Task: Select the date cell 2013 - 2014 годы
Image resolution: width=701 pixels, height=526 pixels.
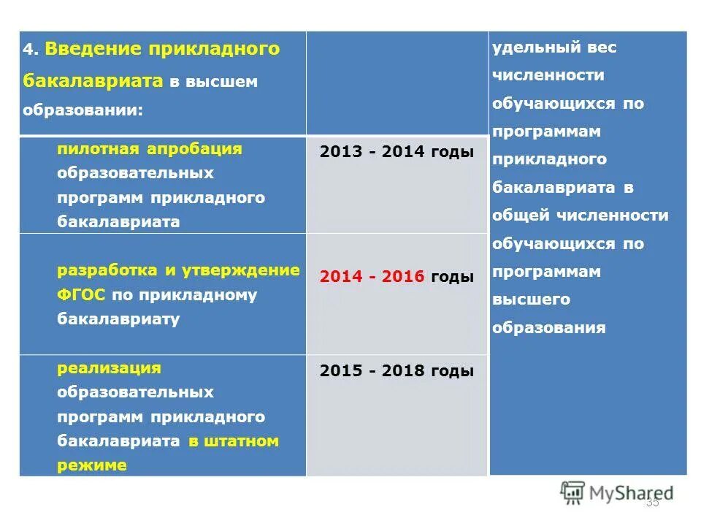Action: (x=397, y=152)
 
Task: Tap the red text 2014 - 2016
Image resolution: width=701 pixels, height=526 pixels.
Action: (x=372, y=278)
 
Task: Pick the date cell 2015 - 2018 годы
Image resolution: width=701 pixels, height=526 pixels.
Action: (x=397, y=371)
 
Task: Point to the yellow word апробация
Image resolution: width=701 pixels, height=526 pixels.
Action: (x=194, y=149)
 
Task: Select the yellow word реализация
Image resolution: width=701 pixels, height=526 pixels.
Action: (x=109, y=367)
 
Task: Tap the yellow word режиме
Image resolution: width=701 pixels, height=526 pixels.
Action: (x=92, y=465)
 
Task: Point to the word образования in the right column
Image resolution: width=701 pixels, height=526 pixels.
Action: (x=549, y=327)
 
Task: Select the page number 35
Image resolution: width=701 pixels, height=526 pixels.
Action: (x=652, y=503)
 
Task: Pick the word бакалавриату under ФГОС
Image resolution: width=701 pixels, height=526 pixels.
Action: (x=118, y=320)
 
